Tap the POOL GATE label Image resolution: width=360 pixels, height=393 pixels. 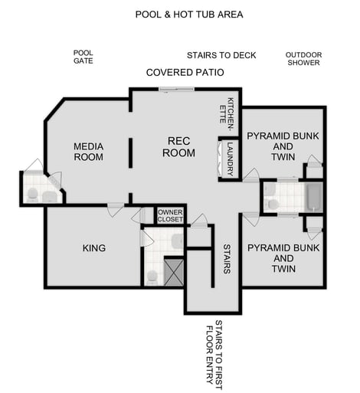(x=83, y=57)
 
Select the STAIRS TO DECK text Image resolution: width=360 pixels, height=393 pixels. (x=221, y=55)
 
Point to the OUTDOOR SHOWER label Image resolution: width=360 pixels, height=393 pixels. (x=303, y=58)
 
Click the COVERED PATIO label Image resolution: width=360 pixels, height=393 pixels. (x=185, y=73)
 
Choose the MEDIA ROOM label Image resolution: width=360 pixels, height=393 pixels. (x=88, y=152)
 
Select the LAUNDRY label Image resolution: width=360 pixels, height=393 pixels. (x=228, y=157)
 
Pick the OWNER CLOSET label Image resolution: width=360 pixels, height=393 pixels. (x=170, y=216)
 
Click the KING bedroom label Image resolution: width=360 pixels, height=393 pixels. (x=93, y=248)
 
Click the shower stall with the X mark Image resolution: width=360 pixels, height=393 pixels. (x=173, y=272)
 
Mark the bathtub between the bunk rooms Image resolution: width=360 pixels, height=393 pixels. (x=313, y=197)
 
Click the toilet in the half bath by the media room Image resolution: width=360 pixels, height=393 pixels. (x=31, y=195)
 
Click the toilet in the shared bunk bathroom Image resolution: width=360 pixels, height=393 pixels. (x=272, y=204)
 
